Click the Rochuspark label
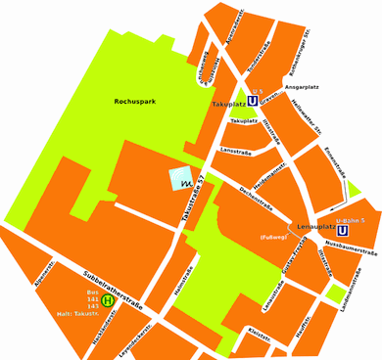[135, 101]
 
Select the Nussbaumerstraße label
[351, 250]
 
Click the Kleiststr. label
[259, 334]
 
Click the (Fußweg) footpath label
[271, 238]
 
